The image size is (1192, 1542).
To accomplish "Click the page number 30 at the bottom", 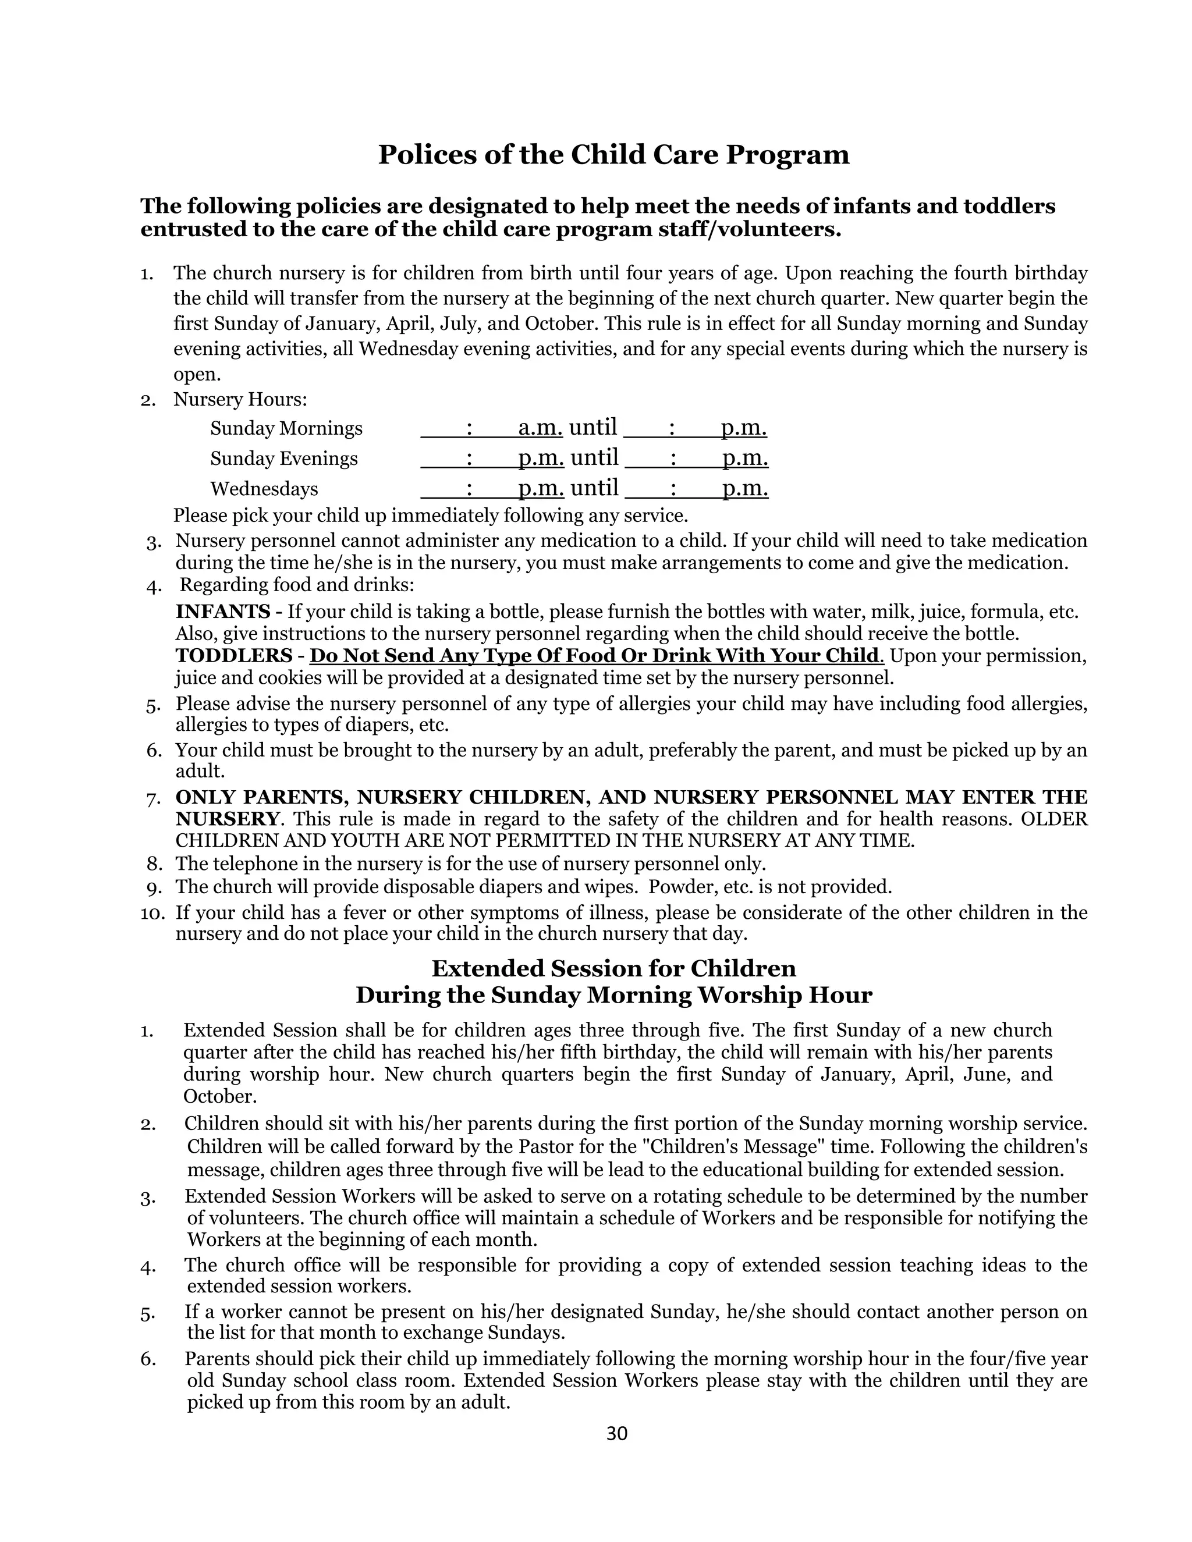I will click(616, 1433).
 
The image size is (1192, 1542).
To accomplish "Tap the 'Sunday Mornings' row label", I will click(286, 429).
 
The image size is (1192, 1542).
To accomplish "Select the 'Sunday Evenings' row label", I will click(284, 459).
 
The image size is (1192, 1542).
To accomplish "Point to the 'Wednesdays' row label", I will click(264, 489).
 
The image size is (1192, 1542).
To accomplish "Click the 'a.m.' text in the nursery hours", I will click(540, 428).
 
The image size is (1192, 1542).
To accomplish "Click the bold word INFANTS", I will click(222, 612).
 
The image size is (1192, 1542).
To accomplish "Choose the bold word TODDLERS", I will click(234, 656).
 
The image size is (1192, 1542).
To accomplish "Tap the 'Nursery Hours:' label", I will click(240, 400).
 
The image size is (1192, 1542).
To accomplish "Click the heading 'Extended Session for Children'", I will click(613, 968).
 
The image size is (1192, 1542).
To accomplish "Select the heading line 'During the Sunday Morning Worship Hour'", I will click(613, 995).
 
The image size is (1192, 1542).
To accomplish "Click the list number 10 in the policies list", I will click(152, 913).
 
